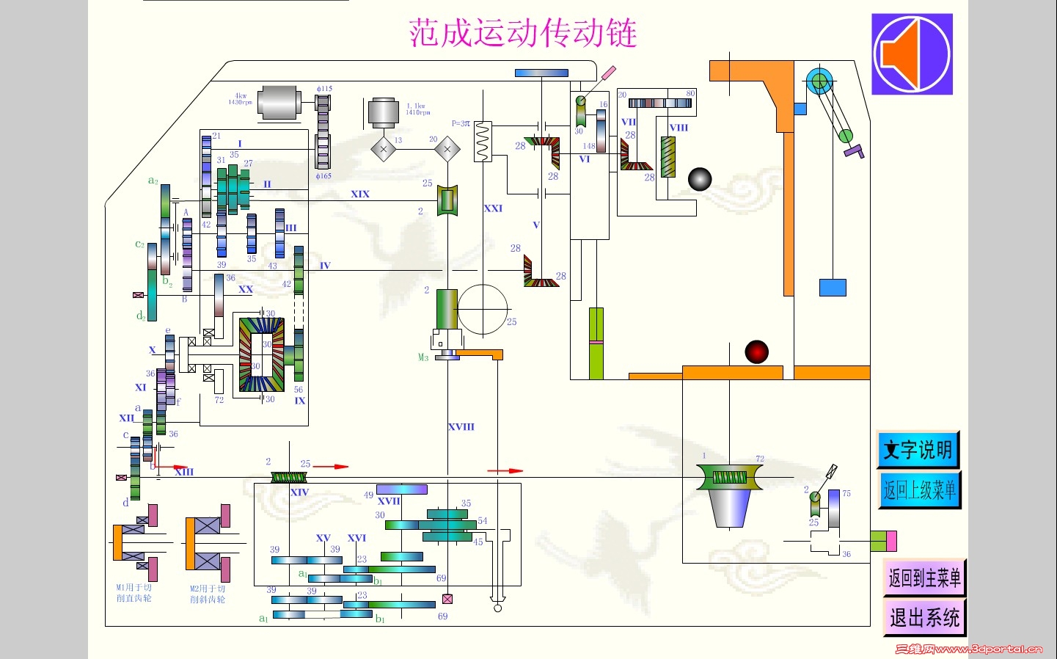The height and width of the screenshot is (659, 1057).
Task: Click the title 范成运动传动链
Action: pyautogui.click(x=522, y=33)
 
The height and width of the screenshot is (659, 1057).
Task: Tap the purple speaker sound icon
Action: pyautogui.click(x=912, y=54)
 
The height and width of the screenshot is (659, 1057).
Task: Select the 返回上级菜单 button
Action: pyautogui.click(x=919, y=489)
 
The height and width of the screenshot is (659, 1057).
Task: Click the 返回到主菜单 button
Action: pyautogui.click(x=924, y=578)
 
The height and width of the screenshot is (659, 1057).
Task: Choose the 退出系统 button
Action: pyautogui.click(x=924, y=617)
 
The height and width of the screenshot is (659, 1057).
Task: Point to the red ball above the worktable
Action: pyautogui.click(x=756, y=352)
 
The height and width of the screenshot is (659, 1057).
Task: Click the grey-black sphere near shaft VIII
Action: pyautogui.click(x=700, y=179)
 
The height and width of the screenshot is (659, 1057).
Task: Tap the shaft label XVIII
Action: pyautogui.click(x=461, y=426)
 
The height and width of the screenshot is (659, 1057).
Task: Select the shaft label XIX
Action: pyautogui.click(x=360, y=194)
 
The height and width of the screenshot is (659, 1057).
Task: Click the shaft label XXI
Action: pyautogui.click(x=493, y=208)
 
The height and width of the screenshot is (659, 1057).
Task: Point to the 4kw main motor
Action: pyautogui.click(x=279, y=102)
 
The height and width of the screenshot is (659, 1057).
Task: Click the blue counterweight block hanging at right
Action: pyautogui.click(x=833, y=287)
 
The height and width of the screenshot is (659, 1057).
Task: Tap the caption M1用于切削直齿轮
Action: pyautogui.click(x=134, y=593)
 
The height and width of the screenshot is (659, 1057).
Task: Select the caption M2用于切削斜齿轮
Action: pyautogui.click(x=208, y=594)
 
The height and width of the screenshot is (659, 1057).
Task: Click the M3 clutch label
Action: pyautogui.click(x=423, y=357)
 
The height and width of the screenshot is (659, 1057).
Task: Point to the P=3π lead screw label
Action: pyautogui.click(x=461, y=123)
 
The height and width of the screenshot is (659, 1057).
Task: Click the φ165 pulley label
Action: pyautogui.click(x=323, y=176)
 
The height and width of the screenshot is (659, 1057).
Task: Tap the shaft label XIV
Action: pyautogui.click(x=299, y=492)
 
